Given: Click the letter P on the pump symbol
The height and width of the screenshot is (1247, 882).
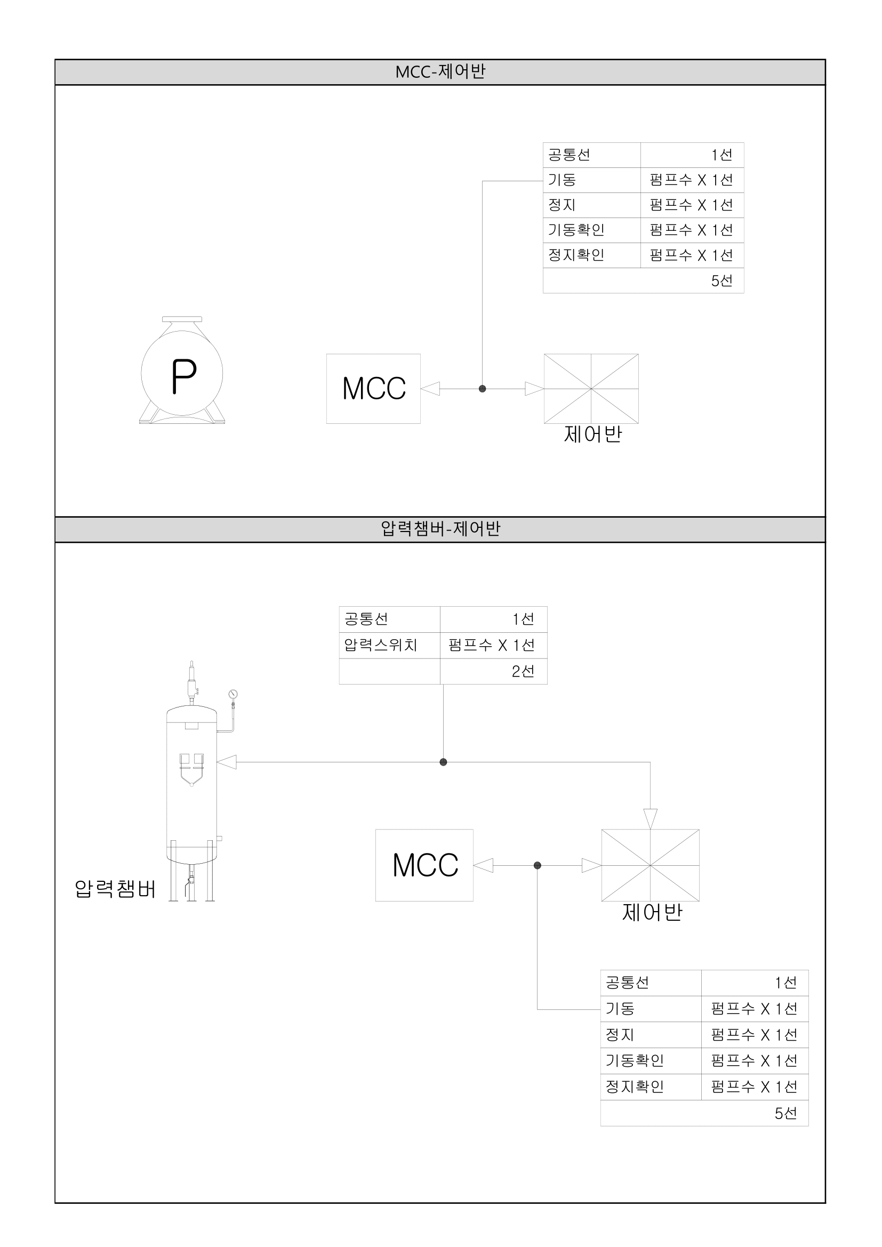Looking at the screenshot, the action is pos(183,376).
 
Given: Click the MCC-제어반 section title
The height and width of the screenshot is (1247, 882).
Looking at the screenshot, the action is pos(440,71).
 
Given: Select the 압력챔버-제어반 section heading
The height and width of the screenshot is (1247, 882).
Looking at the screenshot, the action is pos(440,528).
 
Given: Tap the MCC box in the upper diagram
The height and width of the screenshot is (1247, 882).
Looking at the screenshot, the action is pos(373,388).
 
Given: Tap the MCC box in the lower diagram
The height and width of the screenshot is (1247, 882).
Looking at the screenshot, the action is pos(424,865).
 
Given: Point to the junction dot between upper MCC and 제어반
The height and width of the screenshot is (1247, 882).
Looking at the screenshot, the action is pos(482,389).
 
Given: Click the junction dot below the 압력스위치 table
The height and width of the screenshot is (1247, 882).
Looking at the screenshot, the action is pos(443,762).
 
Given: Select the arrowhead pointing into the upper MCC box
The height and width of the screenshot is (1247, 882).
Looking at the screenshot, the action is pos(430,389).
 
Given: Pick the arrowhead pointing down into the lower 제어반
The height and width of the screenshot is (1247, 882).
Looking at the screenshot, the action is pos(650,818).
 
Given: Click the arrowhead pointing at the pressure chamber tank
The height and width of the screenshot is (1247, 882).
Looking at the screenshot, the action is pos(227,762).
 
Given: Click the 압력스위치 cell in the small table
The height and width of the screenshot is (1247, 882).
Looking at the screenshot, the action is pos(381,645).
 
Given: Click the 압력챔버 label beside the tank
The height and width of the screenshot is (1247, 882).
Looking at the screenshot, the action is pos(115,889).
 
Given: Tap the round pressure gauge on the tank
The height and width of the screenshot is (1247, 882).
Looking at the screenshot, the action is pos(233,694).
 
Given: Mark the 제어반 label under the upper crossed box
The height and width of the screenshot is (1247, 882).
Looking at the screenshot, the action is pos(592,434).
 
